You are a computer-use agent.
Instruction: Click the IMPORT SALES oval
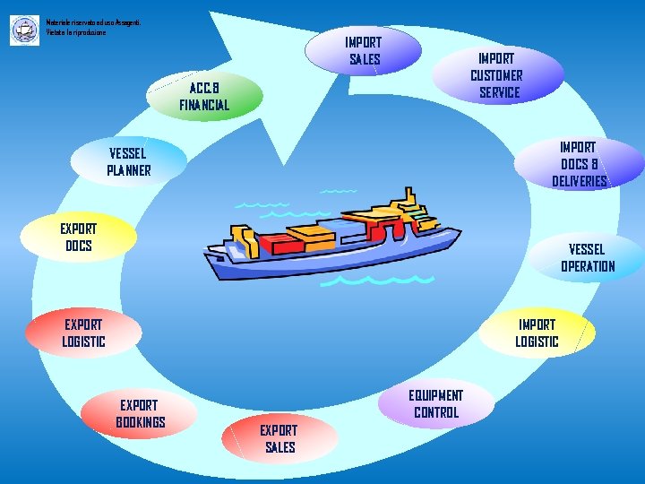(x=363, y=50)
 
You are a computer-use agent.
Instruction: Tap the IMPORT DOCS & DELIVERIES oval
(x=580, y=163)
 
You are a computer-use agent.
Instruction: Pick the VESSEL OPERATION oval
(x=588, y=257)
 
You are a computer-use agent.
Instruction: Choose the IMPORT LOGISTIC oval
(x=537, y=333)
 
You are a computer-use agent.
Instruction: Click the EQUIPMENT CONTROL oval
(x=435, y=403)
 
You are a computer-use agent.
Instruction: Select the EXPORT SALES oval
(x=279, y=438)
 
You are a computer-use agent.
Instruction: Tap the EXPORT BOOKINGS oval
(x=140, y=413)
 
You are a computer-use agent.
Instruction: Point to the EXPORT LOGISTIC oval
(x=83, y=333)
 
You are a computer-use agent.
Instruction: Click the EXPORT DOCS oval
(x=79, y=237)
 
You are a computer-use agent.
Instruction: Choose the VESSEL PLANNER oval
(x=129, y=161)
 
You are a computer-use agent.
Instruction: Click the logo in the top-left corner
(x=23, y=30)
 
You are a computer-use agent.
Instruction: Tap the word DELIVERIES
(x=580, y=181)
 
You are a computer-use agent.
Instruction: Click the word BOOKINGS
(x=140, y=422)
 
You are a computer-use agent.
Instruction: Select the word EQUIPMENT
(x=435, y=395)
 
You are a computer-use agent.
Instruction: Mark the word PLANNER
(x=129, y=170)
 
